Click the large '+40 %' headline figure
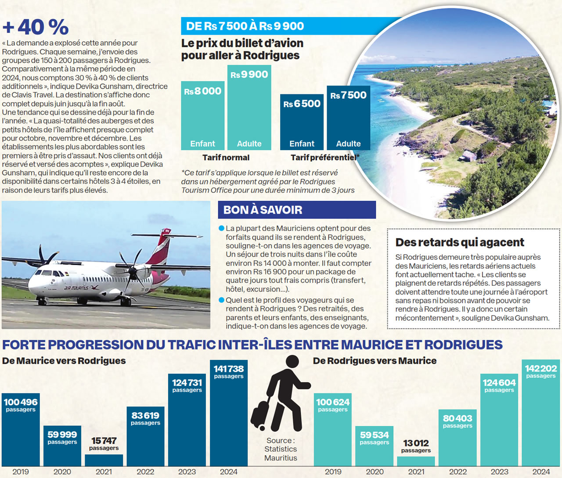pyautogui.click(x=36, y=27)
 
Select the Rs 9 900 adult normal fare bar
pyautogui.click(x=249, y=110)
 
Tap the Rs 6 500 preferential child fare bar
pyautogui.click(x=302, y=123)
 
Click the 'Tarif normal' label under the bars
pyautogui.click(x=226, y=158)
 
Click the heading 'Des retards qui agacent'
pyautogui.click(x=460, y=242)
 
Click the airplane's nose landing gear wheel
pyautogui.click(x=42, y=302)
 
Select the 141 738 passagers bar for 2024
pyautogui.click(x=228, y=417)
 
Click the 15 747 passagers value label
pyautogui.click(x=104, y=443)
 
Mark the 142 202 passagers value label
pyautogui.click(x=541, y=371)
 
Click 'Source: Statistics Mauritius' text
pyautogui.click(x=281, y=449)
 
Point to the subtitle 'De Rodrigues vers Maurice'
pyautogui.click(x=375, y=361)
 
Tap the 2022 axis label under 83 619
pyautogui.click(x=145, y=472)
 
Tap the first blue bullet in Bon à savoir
pyautogui.click(x=221, y=228)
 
